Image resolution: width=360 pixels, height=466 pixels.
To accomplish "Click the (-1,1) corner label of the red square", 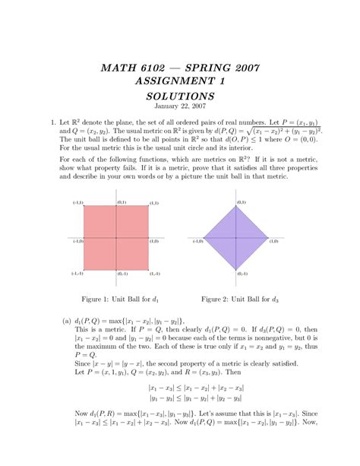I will pyautogui.click(x=77, y=204).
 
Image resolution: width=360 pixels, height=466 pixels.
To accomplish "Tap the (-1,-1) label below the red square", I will pyautogui.click(x=77, y=274).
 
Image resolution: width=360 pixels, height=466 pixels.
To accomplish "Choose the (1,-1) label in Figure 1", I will pyautogui.click(x=154, y=274).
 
